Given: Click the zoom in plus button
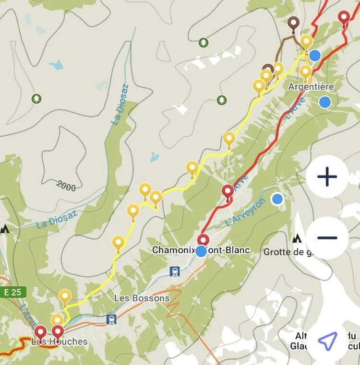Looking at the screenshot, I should pyautogui.click(x=327, y=177).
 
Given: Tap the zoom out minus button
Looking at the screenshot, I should pyautogui.click(x=327, y=238).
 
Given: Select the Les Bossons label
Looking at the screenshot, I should pyautogui.click(x=142, y=298).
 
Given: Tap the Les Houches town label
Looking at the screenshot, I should pyautogui.click(x=60, y=341).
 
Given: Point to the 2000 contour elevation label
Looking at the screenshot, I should pyautogui.click(x=66, y=186).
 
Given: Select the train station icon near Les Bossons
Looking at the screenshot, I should pyautogui.click(x=111, y=319).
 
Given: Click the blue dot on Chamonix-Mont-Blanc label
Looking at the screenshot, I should pyautogui.click(x=202, y=251).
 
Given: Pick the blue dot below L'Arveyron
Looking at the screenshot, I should pyautogui.click(x=277, y=199).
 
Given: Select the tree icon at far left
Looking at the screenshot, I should pyautogui.click(x=36, y=99).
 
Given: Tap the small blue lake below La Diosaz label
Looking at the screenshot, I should pyautogui.click(x=154, y=156).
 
